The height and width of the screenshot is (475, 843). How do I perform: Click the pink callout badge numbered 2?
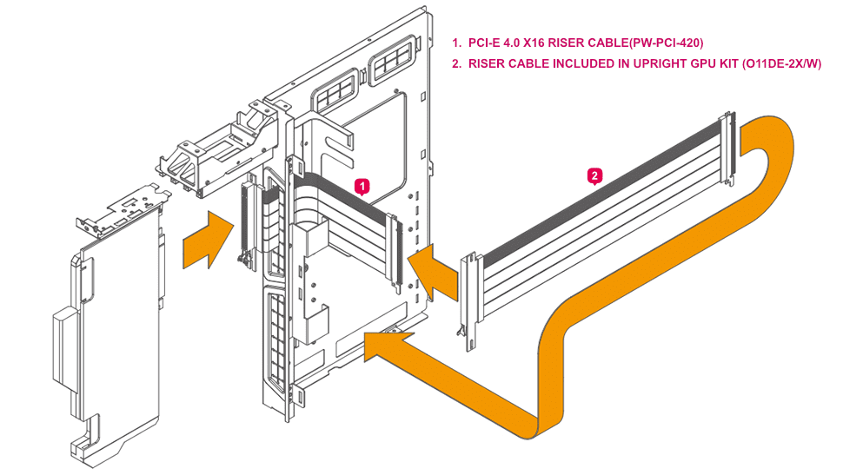coord(594,175)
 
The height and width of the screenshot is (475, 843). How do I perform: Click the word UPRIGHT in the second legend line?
coord(634,64)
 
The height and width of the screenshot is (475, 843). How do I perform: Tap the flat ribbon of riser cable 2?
coord(600,208)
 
